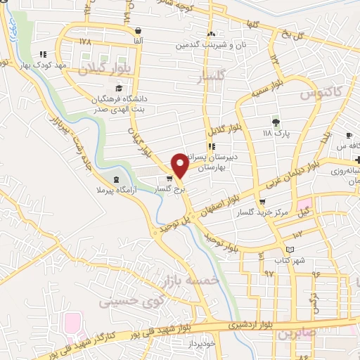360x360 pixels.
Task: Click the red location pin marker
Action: tap(179, 165)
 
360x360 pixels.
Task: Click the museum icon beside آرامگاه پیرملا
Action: tap(116, 179)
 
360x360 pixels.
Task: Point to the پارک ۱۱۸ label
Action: tap(276, 131)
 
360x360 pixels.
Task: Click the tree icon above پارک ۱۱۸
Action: tap(275, 120)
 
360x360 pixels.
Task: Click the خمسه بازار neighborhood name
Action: tap(191, 281)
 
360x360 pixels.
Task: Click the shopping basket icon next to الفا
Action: tap(138, 31)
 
